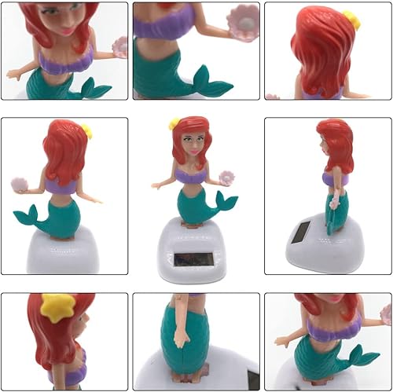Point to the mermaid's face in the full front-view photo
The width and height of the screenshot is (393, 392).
point(192,144)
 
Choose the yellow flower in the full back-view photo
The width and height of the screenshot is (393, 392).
point(86,131)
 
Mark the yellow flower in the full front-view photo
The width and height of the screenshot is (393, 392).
point(174,123)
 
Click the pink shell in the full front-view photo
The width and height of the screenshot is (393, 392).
point(218,178)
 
